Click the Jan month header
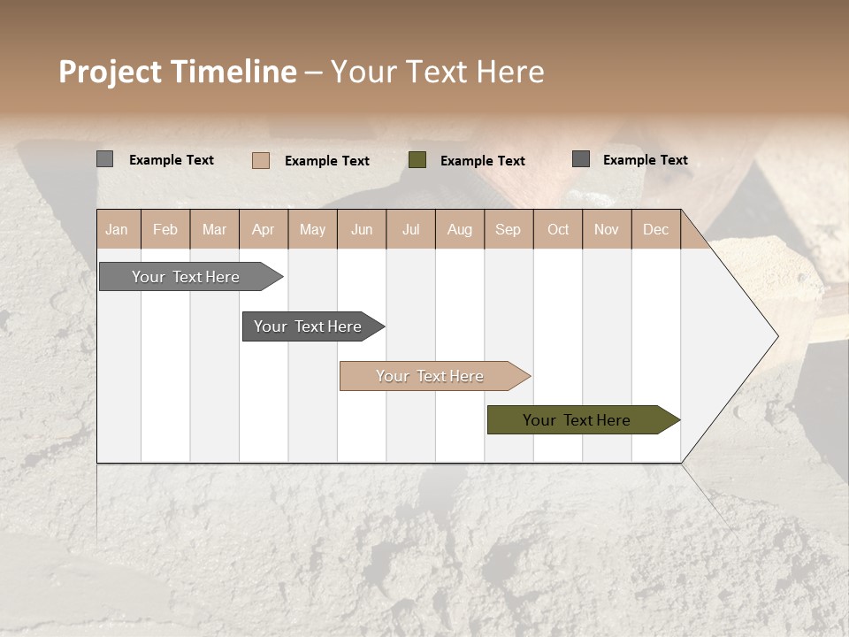coord(117,229)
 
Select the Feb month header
coord(165,229)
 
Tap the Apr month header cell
coord(264,229)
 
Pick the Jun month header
coord(362,229)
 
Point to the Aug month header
coord(460,229)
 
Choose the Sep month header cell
coord(509,229)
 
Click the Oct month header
coord(558,229)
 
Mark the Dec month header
coord(656,229)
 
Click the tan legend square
coord(261,160)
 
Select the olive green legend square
coord(417,159)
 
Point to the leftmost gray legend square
coord(105,159)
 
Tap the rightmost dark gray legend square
coord(581,159)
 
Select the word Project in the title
coord(111,72)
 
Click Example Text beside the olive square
coord(482,160)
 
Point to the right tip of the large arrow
coord(776,336)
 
